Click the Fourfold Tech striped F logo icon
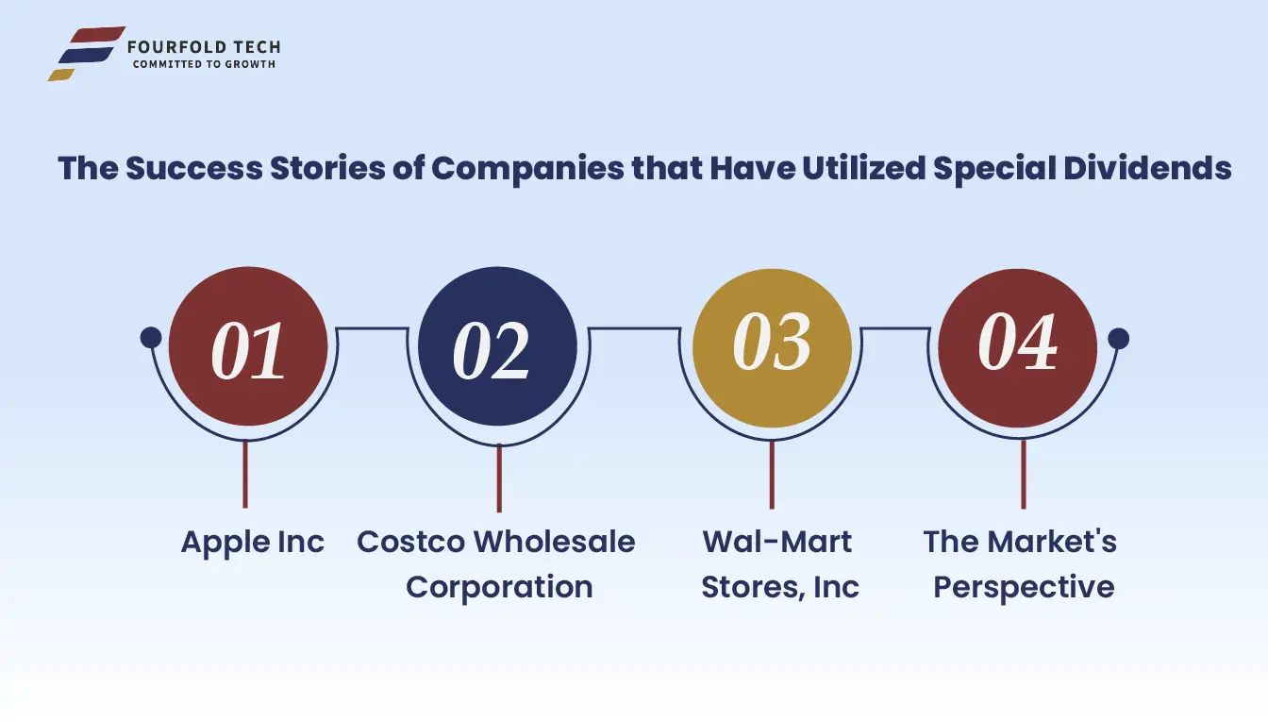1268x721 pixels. click(87, 53)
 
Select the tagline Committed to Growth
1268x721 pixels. click(205, 64)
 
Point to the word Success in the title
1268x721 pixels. click(194, 168)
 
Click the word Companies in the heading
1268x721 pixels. click(527, 169)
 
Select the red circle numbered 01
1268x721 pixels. click(248, 346)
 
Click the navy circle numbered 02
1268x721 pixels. click(497, 346)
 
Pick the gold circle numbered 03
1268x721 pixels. click(772, 347)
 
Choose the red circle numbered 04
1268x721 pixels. click(1018, 347)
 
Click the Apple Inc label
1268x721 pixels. click(253, 543)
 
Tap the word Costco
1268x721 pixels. click(410, 542)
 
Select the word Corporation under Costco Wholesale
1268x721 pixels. click(499, 587)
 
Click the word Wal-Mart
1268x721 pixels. click(776, 542)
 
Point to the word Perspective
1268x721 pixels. click(1024, 587)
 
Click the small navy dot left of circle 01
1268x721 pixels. click(151, 338)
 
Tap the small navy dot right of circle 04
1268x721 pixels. click(1118, 339)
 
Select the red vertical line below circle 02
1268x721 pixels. click(499, 478)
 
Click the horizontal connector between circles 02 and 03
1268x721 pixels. click(634, 327)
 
